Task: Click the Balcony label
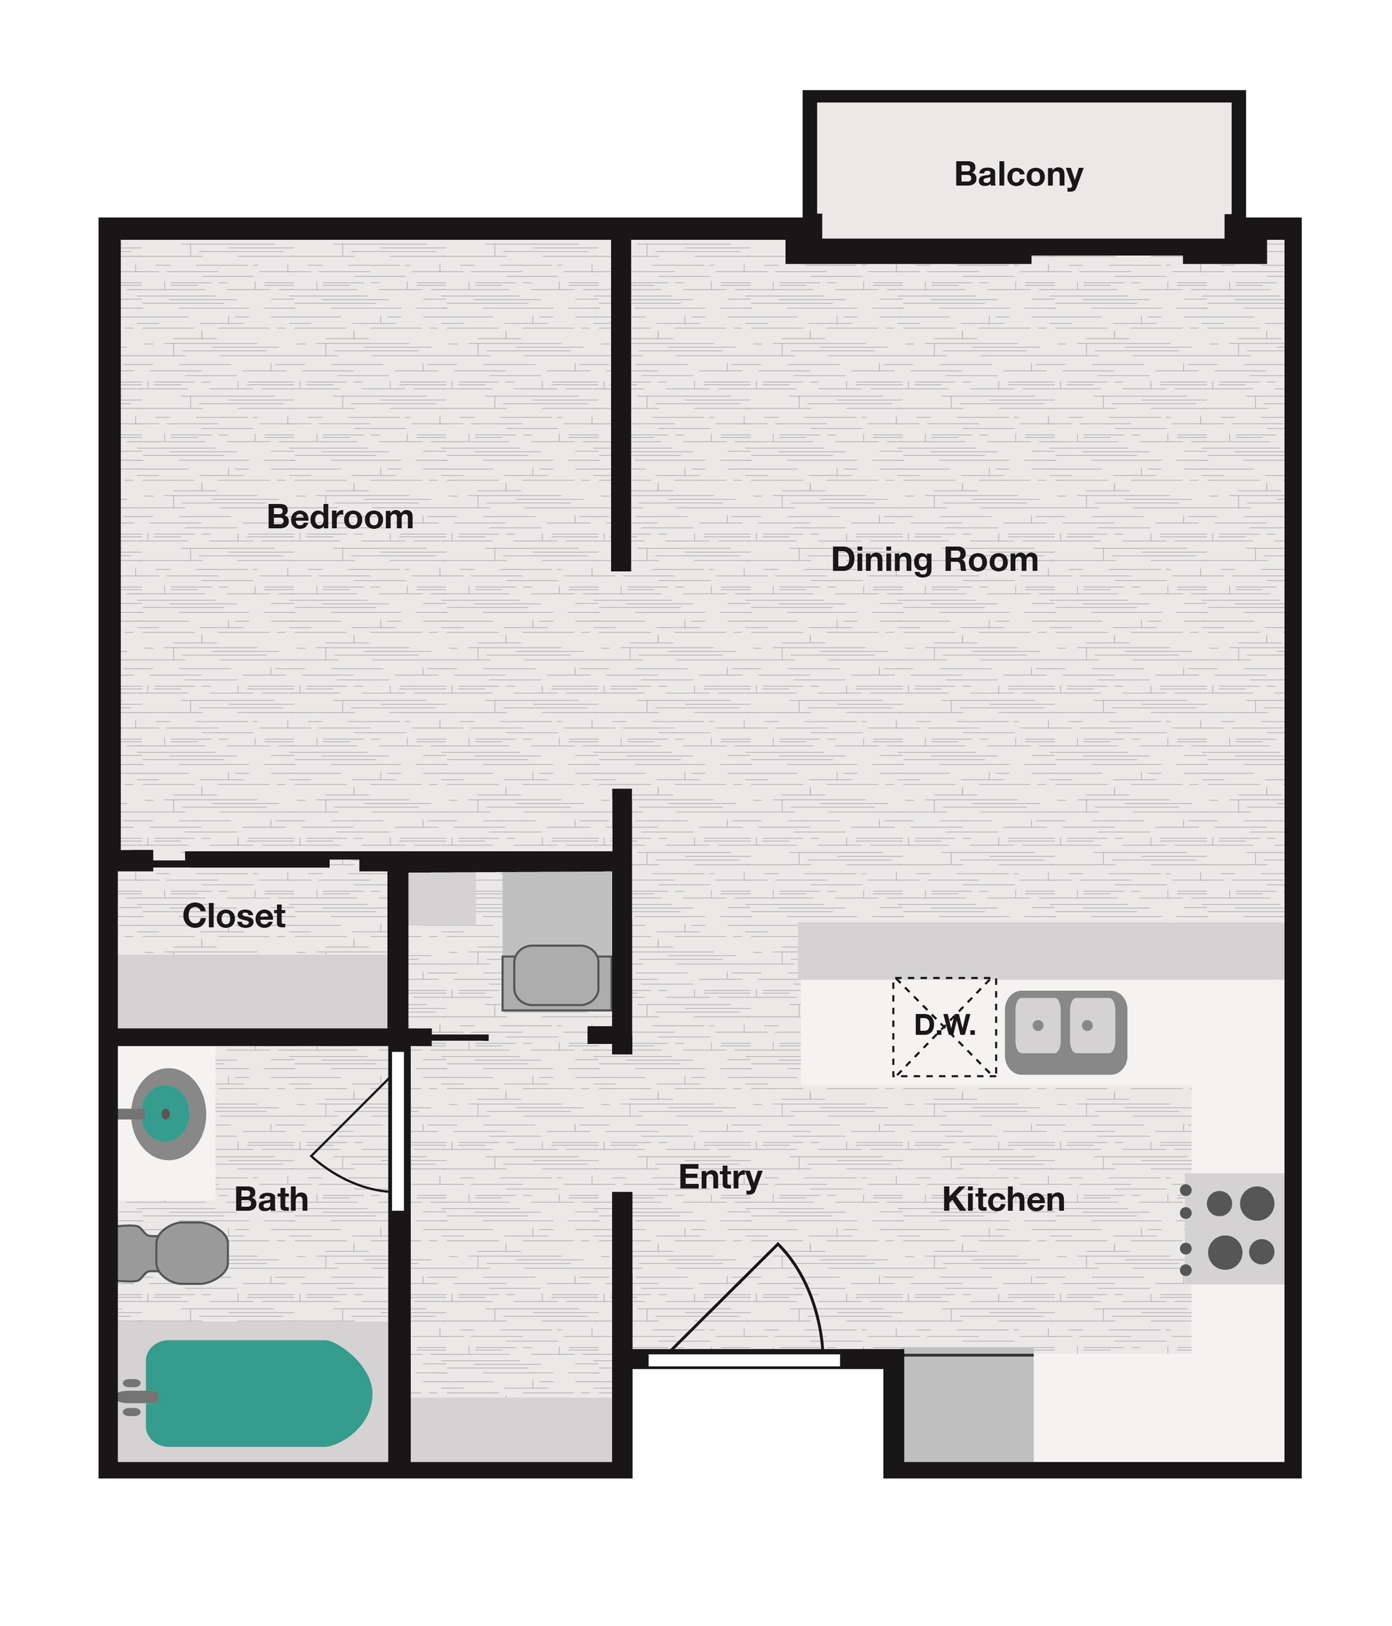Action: click(x=1018, y=174)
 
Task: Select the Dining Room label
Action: click(x=934, y=560)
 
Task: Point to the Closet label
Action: click(x=234, y=916)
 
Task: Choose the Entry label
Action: click(x=720, y=1177)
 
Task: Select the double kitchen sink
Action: click(x=1065, y=1032)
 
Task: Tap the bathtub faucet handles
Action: click(x=133, y=1397)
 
